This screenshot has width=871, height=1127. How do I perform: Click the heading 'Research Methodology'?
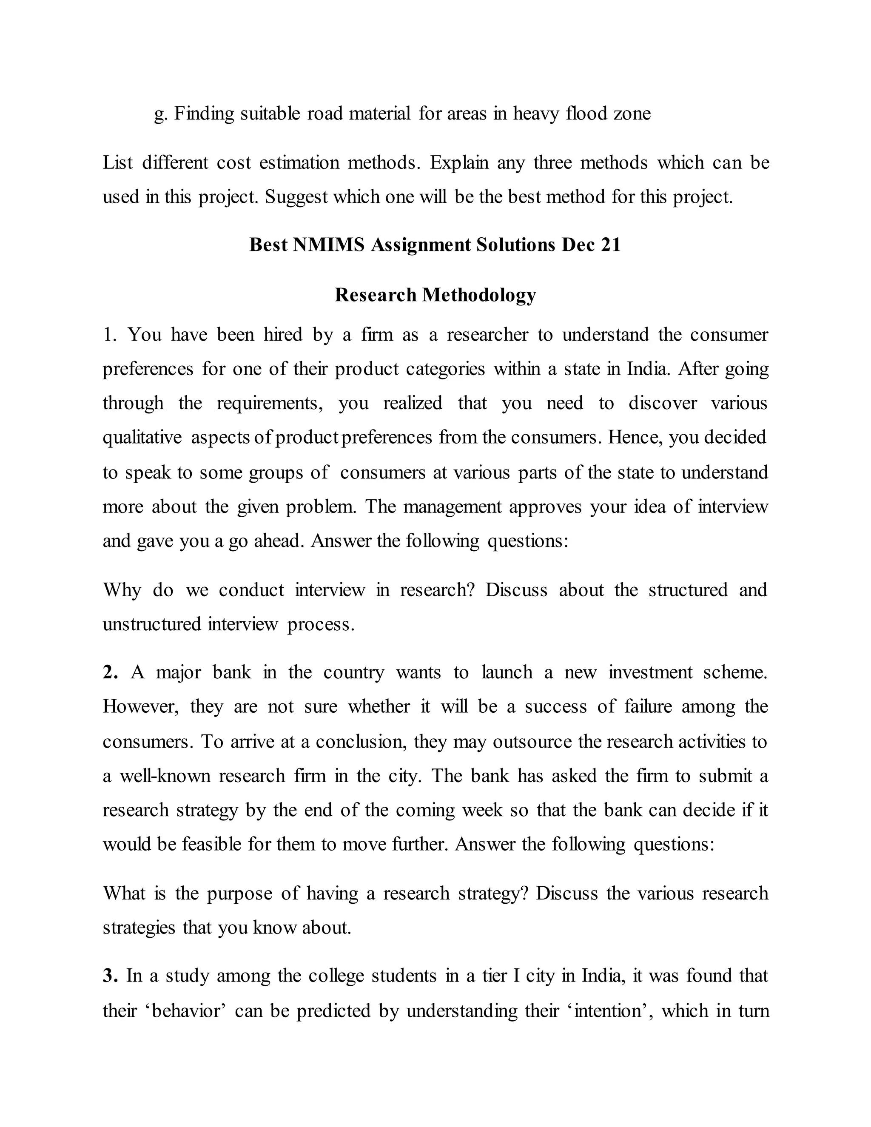point(435,295)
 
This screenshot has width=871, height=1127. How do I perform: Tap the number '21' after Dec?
point(610,245)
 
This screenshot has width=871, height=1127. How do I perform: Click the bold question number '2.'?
point(111,672)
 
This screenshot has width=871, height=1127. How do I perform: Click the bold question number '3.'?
point(111,976)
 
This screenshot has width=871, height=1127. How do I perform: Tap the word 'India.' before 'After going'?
point(648,369)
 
